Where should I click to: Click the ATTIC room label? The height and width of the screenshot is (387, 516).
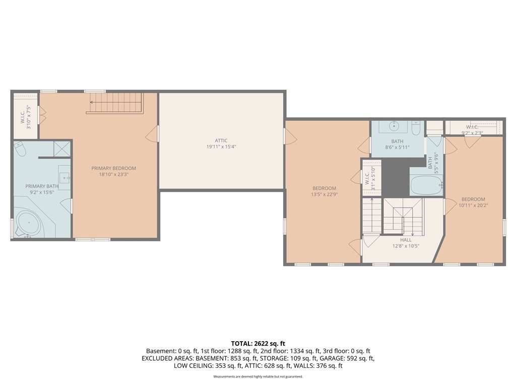tap(221, 141)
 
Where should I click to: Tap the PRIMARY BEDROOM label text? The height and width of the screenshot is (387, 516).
tap(113, 168)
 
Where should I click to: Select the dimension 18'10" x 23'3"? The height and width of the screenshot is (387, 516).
tap(113, 175)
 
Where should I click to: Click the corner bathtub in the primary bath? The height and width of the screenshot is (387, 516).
tap(28, 223)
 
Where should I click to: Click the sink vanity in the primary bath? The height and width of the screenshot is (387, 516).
tap(64, 176)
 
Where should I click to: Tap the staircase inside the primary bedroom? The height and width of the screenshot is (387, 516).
tap(115, 103)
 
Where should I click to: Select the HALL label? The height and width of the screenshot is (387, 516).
tap(406, 240)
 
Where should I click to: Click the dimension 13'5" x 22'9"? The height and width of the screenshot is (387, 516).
tap(324, 195)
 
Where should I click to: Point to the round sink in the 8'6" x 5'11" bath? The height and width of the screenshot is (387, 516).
tap(395, 126)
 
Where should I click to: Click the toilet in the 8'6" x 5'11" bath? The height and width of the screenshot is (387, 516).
tap(415, 128)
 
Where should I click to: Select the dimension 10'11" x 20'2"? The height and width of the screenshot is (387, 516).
tap(473, 206)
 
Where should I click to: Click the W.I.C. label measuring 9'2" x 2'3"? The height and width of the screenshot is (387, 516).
tap(472, 127)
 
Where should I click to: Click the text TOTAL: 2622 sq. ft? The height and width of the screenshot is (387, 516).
tap(258, 343)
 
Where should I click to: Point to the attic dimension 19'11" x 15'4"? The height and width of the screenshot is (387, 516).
tap(221, 147)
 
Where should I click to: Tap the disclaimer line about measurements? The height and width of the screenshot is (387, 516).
tap(258, 376)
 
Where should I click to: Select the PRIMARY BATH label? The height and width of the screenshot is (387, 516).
tap(42, 186)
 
